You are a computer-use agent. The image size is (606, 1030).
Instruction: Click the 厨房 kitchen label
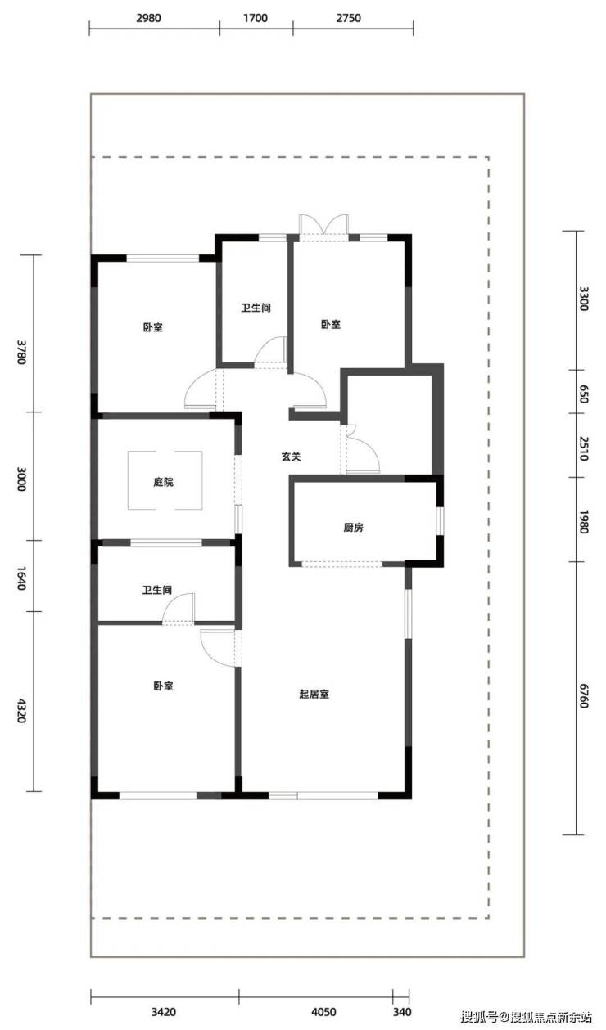(353, 528)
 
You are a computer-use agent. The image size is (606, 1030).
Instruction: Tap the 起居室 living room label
(314, 694)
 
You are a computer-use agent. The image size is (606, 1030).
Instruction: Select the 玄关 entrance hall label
(292, 457)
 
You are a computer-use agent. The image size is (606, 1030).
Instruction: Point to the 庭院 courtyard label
(163, 482)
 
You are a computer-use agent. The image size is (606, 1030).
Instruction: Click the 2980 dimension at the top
(148, 18)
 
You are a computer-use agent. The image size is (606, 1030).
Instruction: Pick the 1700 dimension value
(256, 18)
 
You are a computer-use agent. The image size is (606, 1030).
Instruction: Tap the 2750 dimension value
(348, 18)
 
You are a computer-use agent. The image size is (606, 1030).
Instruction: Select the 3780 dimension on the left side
(21, 352)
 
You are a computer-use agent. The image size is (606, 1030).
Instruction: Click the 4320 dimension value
(21, 710)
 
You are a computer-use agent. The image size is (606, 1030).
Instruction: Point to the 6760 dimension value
(583, 695)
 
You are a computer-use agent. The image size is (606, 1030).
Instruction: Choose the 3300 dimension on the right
(583, 299)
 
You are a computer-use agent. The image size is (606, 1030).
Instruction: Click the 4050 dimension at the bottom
(323, 1012)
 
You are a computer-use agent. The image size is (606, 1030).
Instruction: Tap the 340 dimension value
(402, 1012)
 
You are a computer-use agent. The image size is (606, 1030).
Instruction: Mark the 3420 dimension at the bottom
(164, 1012)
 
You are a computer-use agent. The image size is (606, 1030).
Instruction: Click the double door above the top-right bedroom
(323, 227)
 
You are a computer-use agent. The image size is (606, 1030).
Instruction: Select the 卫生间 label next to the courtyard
(157, 590)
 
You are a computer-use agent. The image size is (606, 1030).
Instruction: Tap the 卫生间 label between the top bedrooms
(256, 308)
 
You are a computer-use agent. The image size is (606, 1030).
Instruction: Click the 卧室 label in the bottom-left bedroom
(163, 686)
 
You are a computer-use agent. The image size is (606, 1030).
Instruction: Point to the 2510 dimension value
(583, 448)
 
